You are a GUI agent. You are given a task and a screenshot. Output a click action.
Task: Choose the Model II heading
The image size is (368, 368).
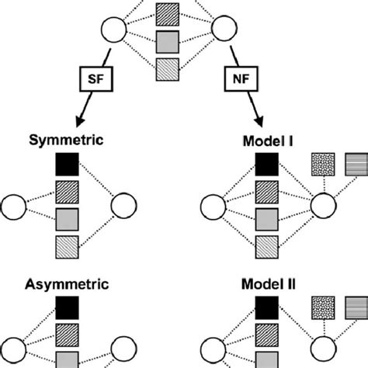tap(266, 285)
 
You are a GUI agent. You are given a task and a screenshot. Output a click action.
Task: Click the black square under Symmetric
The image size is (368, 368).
tap(68, 165)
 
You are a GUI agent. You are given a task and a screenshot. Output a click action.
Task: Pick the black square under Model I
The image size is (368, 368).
tap(266, 165)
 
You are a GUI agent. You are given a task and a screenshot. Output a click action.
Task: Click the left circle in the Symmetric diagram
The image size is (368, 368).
tap(14, 207)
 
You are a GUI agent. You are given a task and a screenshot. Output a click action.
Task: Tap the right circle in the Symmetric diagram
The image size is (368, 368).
tap(124, 207)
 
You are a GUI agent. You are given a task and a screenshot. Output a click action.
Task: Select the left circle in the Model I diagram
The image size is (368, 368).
tap(211, 207)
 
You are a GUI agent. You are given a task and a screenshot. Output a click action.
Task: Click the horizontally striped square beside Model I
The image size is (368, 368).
tap(354, 164)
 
